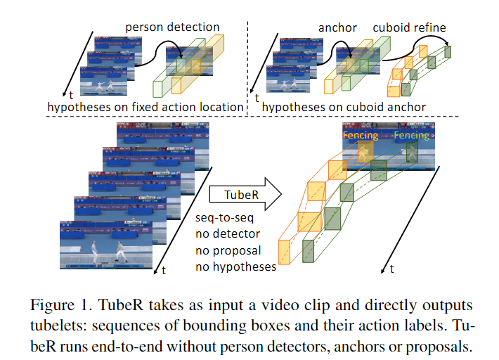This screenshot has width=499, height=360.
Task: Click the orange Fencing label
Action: pos(360,136)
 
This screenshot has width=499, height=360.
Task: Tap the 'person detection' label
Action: pos(172,27)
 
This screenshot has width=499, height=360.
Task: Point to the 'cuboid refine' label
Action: pos(409,28)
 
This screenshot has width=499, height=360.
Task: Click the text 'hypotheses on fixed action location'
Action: pos(145,107)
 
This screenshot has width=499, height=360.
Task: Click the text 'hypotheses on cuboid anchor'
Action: pos(344,107)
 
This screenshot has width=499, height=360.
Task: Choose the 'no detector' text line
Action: pos(228,235)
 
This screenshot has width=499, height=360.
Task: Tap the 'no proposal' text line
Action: pos(229,250)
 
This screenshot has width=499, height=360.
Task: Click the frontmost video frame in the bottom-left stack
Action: pos(106,243)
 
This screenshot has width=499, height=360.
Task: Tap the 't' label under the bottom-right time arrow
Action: pos(391,269)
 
